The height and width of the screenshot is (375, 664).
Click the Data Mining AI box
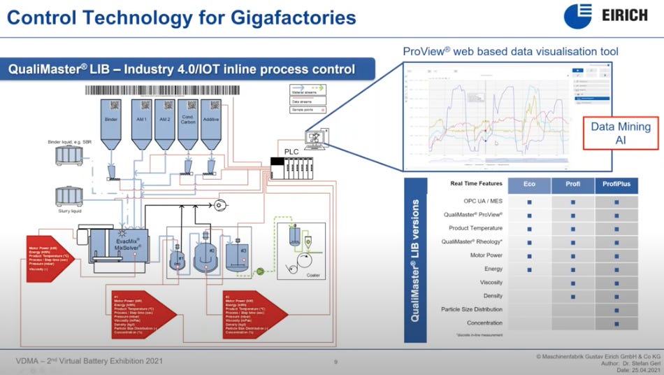[621, 133]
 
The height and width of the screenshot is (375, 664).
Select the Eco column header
[529, 185]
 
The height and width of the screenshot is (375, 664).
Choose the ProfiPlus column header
[616, 185]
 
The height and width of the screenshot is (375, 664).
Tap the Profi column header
[572, 185]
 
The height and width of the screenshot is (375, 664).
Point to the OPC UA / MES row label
[482, 201]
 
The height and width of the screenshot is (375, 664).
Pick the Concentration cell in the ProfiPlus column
[616, 323]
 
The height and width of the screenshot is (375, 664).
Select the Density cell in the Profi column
[572, 296]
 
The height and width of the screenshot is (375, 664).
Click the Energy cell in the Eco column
[529, 269]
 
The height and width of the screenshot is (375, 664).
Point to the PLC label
[291, 152]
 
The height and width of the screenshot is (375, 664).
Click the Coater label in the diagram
[313, 275]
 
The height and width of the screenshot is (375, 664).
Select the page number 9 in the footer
[335, 362]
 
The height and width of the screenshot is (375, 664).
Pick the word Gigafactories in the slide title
[279, 16]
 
